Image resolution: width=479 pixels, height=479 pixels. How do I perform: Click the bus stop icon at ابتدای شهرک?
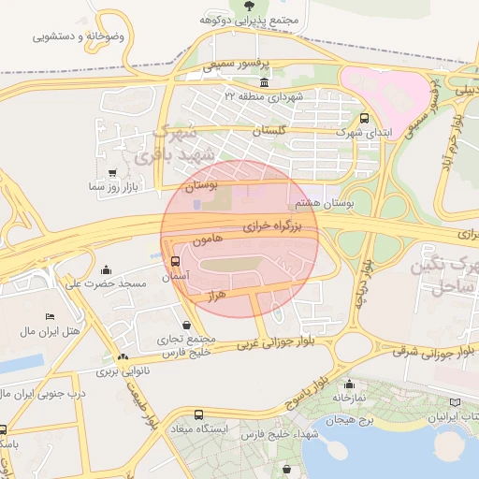[365, 118]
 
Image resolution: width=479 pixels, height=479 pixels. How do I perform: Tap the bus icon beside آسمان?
[177, 262]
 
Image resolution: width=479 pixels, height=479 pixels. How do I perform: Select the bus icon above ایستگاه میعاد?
[197, 414]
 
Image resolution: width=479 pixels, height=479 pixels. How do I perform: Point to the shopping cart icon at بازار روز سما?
[113, 173]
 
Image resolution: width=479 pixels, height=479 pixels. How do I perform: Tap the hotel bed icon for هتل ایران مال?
[50, 318]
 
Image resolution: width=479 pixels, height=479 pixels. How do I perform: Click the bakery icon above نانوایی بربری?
[123, 357]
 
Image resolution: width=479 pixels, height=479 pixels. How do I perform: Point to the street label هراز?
[216, 294]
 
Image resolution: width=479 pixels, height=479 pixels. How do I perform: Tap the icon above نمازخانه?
[349, 384]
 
